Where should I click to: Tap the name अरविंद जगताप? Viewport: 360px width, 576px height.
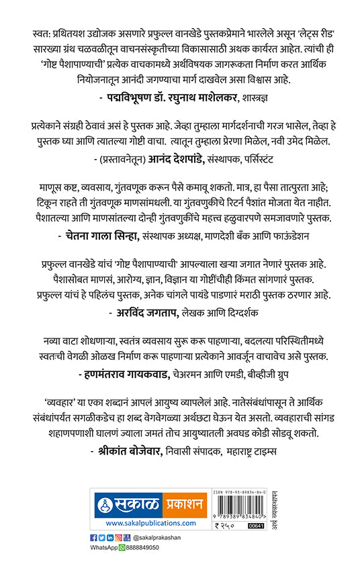pyautogui.click(x=146, y=311)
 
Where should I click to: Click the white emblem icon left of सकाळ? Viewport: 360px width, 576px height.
pyautogui.click(x=103, y=503)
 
